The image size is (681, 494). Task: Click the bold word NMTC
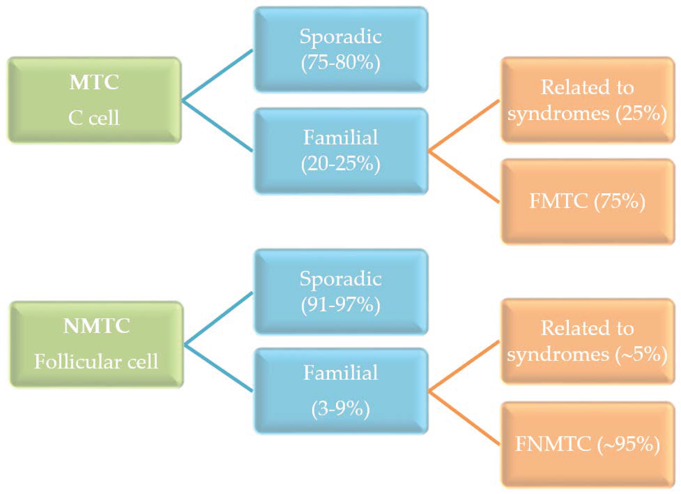point(97,326)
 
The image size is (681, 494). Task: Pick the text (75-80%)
point(341,63)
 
